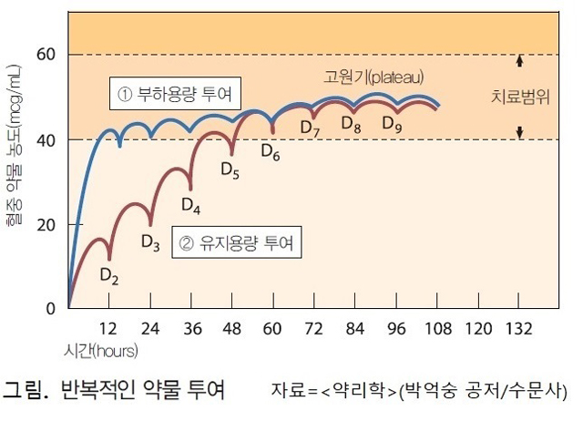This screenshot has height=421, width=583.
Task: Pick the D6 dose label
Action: pyautogui.click(x=271, y=151)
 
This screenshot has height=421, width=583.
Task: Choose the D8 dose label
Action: pyautogui.click(x=352, y=127)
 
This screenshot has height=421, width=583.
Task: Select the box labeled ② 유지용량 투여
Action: pyautogui.click(x=236, y=243)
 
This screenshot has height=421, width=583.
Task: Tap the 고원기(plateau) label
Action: pyautogui.click(x=374, y=77)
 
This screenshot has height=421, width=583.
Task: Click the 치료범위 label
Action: pyautogui.click(x=520, y=97)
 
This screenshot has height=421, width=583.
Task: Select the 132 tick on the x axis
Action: pyautogui.click(x=518, y=327)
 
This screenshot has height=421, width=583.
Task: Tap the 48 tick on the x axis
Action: pyautogui.click(x=232, y=327)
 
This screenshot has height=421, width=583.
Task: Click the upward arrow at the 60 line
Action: pyautogui.click(x=519, y=62)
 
